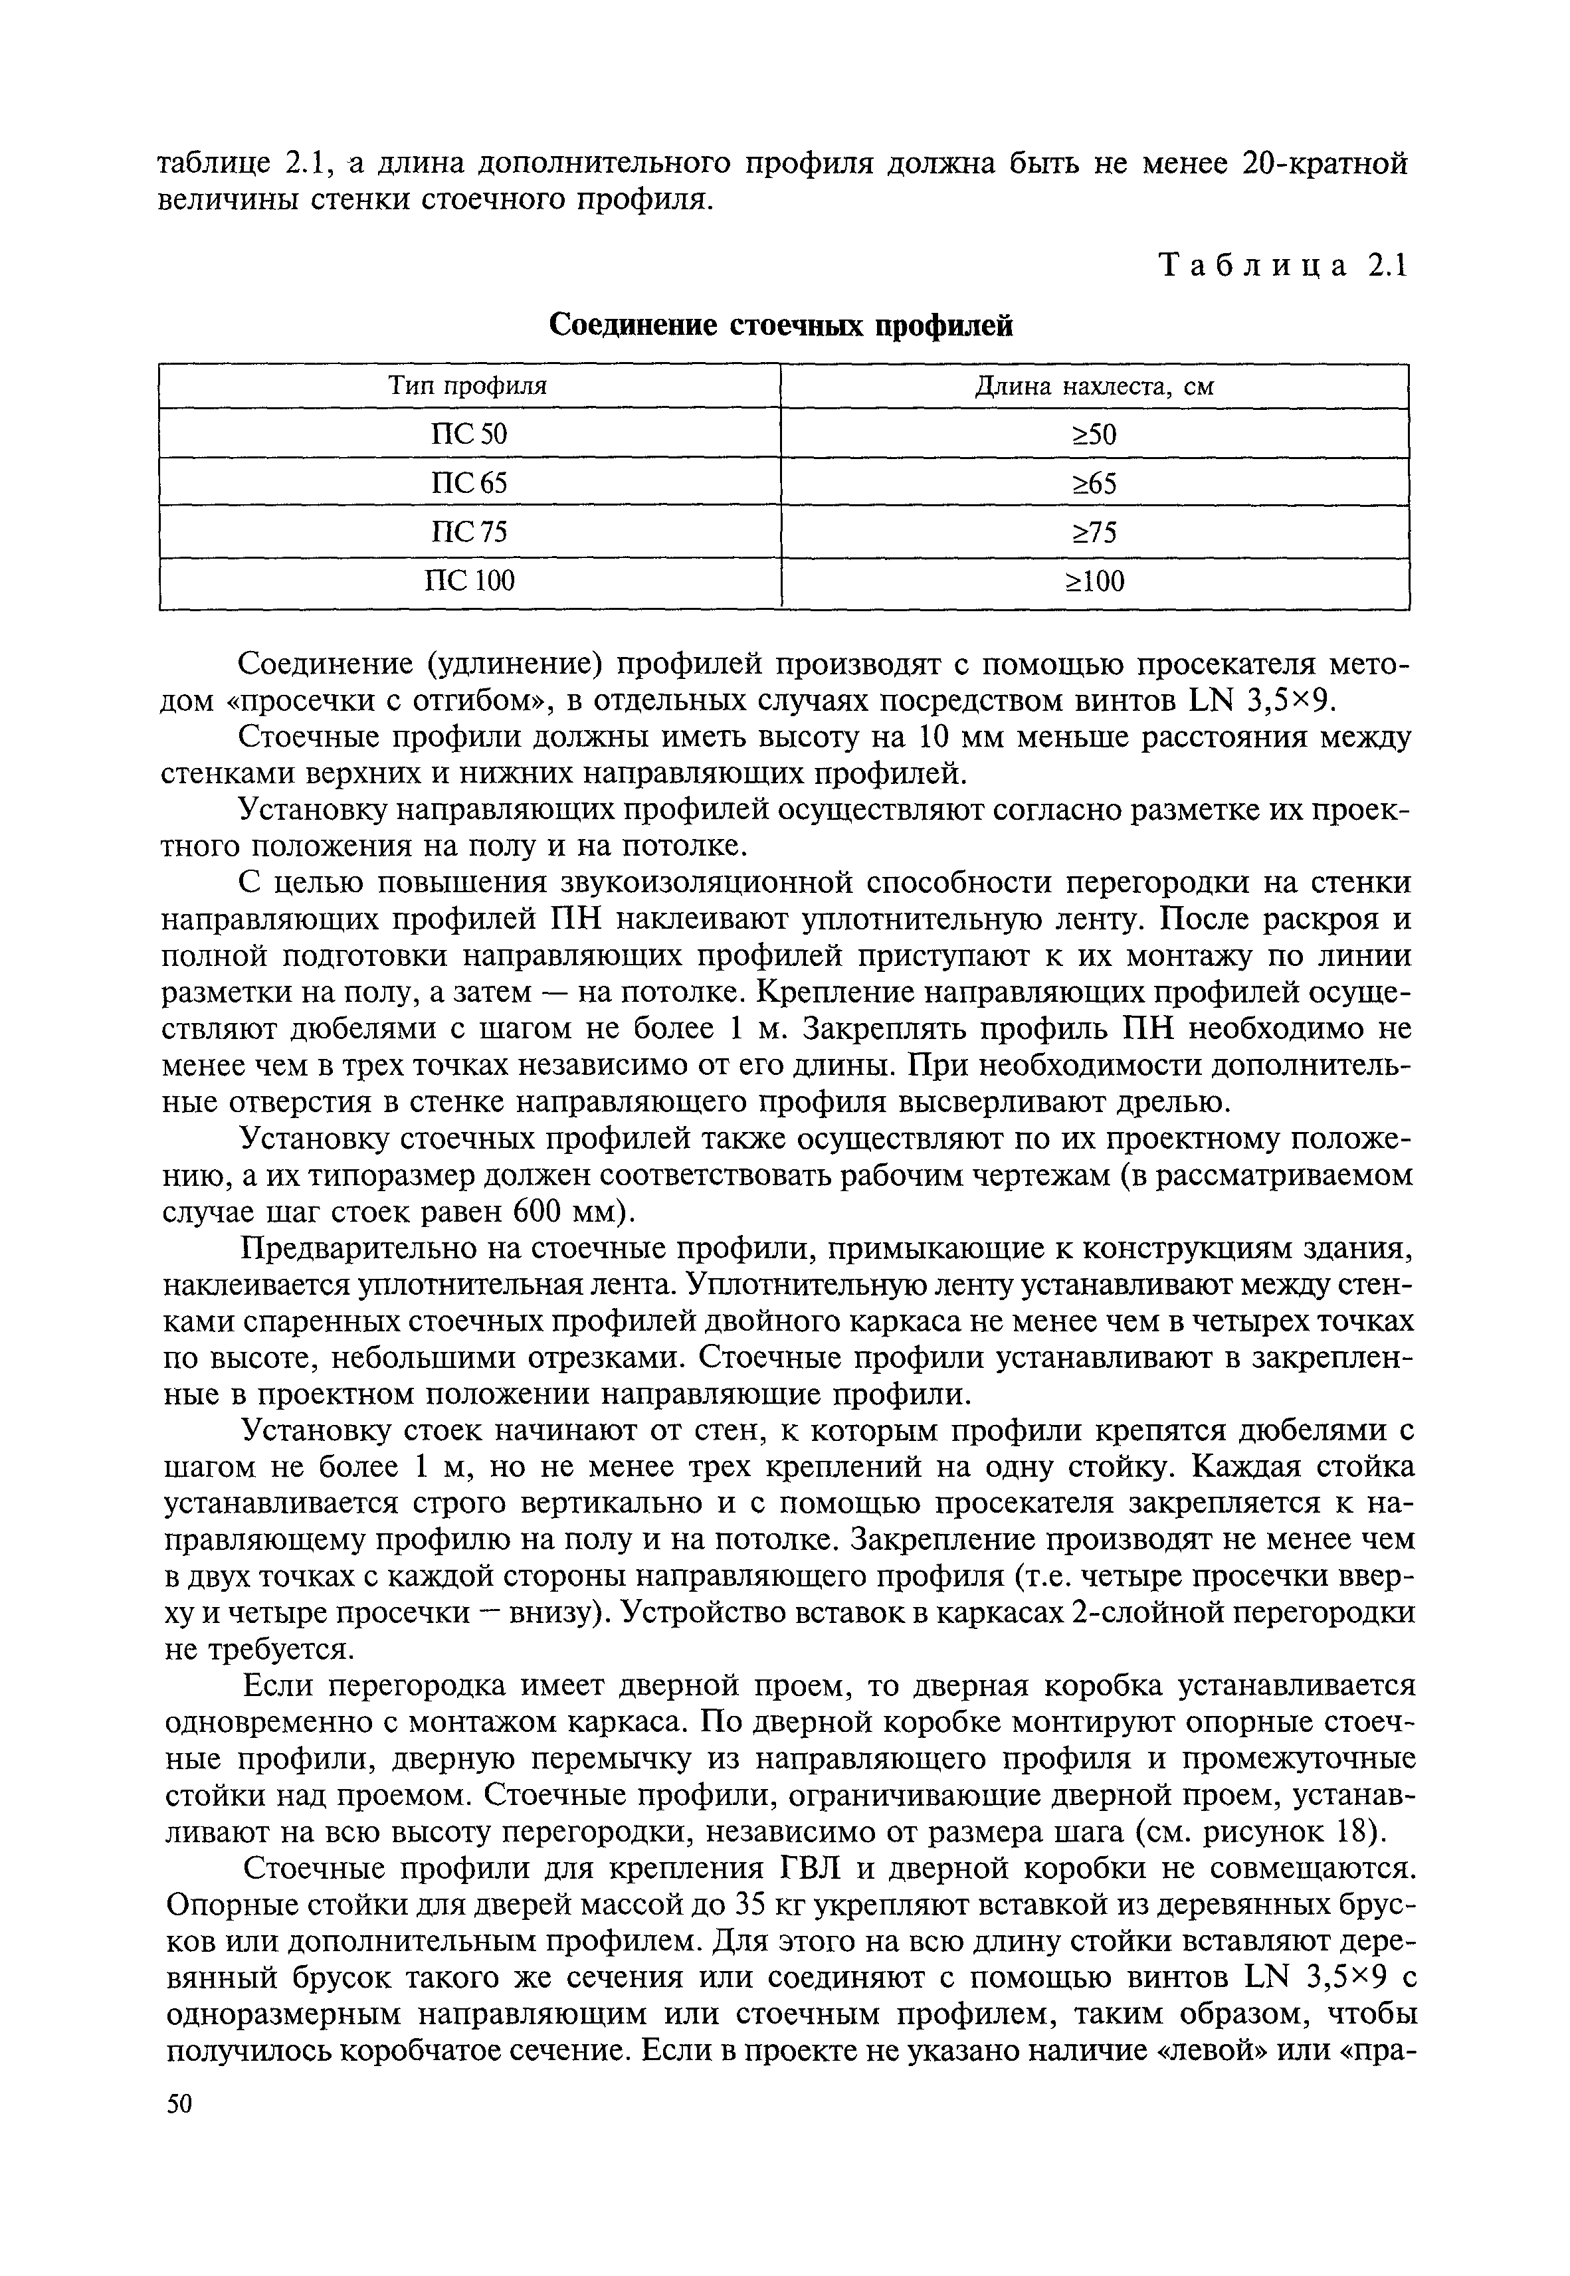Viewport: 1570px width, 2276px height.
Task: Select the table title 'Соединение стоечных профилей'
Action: (780, 325)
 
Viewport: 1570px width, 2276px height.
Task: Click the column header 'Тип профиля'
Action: (468, 387)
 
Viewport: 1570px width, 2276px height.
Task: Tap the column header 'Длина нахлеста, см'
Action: (1094, 387)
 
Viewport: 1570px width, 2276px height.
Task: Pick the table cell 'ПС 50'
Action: (468, 434)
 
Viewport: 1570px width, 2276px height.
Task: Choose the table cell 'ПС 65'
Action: (468, 483)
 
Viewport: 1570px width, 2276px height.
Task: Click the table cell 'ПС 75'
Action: (468, 532)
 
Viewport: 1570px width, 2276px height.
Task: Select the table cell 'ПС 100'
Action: (468, 581)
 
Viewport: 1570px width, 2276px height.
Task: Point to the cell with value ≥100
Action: (1094, 582)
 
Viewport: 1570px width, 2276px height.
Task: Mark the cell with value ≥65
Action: (1094, 484)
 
